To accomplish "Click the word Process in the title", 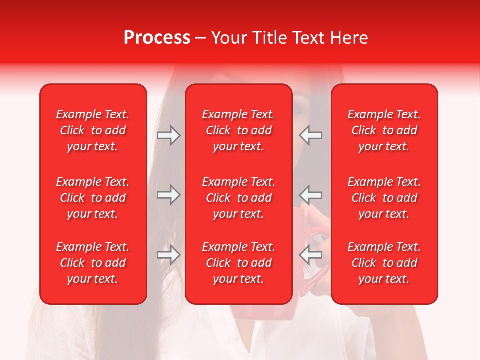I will (157, 38).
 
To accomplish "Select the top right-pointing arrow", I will (169, 135).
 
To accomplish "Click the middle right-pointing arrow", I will (169, 195).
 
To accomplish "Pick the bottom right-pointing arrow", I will (169, 255).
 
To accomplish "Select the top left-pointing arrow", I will (310, 135).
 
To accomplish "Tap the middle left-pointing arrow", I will (310, 195).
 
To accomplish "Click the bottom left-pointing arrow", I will (310, 255).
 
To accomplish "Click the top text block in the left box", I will (93, 130).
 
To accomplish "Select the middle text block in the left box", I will (93, 198).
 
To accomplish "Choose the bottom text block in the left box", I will (93, 263).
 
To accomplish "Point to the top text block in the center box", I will (238, 130).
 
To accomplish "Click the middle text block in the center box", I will (238, 198).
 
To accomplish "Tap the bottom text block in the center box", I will (238, 263).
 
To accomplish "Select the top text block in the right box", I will (384, 130).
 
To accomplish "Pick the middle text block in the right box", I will (384, 198).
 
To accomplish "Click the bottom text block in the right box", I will (384, 263).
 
